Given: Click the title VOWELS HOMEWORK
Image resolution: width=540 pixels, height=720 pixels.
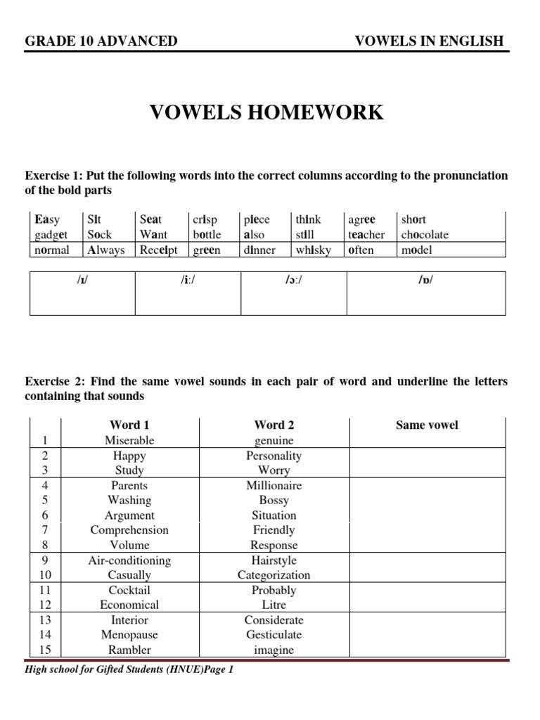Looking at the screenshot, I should click(267, 112).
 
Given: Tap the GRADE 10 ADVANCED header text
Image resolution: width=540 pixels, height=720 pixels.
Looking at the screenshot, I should click(101, 41).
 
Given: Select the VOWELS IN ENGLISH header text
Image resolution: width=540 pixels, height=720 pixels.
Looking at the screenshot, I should click(430, 41).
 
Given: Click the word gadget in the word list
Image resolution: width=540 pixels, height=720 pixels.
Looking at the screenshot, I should click(51, 235).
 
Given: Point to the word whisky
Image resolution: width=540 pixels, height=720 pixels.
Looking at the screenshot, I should click(313, 250).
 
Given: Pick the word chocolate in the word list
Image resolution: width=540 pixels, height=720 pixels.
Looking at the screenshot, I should click(424, 235).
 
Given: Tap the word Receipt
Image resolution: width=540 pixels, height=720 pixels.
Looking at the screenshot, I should click(159, 250).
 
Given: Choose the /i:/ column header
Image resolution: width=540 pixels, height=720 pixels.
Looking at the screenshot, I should click(188, 281).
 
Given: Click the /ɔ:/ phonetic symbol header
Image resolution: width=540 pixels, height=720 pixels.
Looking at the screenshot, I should click(293, 281).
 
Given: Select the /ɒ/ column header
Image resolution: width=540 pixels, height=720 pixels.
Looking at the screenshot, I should click(425, 281).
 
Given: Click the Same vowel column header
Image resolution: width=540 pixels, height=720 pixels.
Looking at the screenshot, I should click(427, 425).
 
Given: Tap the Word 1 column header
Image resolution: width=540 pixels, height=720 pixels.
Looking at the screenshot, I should click(129, 425).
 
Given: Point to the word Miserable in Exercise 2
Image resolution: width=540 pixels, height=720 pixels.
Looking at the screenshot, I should click(129, 440).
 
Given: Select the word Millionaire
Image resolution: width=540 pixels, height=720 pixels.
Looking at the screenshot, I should click(274, 485).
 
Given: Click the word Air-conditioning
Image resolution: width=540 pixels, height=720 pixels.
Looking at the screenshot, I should click(129, 560).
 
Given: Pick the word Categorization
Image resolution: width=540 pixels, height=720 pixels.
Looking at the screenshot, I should click(274, 575).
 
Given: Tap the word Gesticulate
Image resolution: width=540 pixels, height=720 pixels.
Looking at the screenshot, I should click(274, 635).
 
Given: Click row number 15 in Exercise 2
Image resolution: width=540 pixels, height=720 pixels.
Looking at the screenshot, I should click(45, 650).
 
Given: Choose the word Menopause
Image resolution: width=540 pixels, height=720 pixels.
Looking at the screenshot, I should click(129, 635).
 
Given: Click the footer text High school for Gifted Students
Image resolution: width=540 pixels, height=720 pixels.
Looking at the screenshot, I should click(129, 670).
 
